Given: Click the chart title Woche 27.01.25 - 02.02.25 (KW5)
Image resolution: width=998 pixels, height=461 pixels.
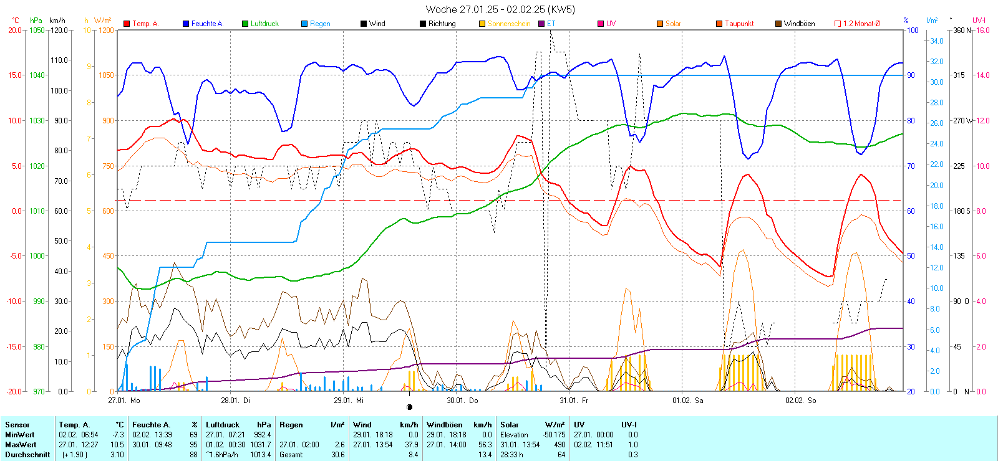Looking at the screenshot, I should [x=500, y=9].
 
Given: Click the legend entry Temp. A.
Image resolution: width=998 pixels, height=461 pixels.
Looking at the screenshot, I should [x=145, y=24].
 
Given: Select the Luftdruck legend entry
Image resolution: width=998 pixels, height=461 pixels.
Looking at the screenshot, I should [x=264, y=24].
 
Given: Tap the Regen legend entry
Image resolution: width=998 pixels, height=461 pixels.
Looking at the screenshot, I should [x=320, y=24].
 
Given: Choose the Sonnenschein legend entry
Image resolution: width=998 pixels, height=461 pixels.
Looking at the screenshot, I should [x=508, y=24].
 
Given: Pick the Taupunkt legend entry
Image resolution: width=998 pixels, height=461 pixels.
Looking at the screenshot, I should [x=739, y=24].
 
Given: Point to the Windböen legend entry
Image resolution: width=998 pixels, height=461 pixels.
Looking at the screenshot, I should [x=799, y=24].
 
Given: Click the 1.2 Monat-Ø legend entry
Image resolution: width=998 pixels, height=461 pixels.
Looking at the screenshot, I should [x=861, y=24].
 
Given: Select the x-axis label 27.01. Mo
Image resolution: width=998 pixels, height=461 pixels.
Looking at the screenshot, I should [x=124, y=401].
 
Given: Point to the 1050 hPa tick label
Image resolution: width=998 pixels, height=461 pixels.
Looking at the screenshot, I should [x=37, y=30].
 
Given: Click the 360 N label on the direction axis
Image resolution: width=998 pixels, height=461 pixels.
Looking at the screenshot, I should [x=962, y=30].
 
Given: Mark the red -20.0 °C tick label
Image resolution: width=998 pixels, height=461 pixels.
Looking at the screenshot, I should [x=15, y=391].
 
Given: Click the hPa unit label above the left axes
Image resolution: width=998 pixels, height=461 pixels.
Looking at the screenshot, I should [x=36, y=21].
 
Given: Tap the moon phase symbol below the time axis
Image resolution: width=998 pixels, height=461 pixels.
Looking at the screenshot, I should [x=409, y=407].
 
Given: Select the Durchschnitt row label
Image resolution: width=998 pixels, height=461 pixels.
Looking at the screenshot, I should [x=27, y=455].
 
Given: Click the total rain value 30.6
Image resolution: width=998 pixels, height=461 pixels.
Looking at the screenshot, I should [x=337, y=455].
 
